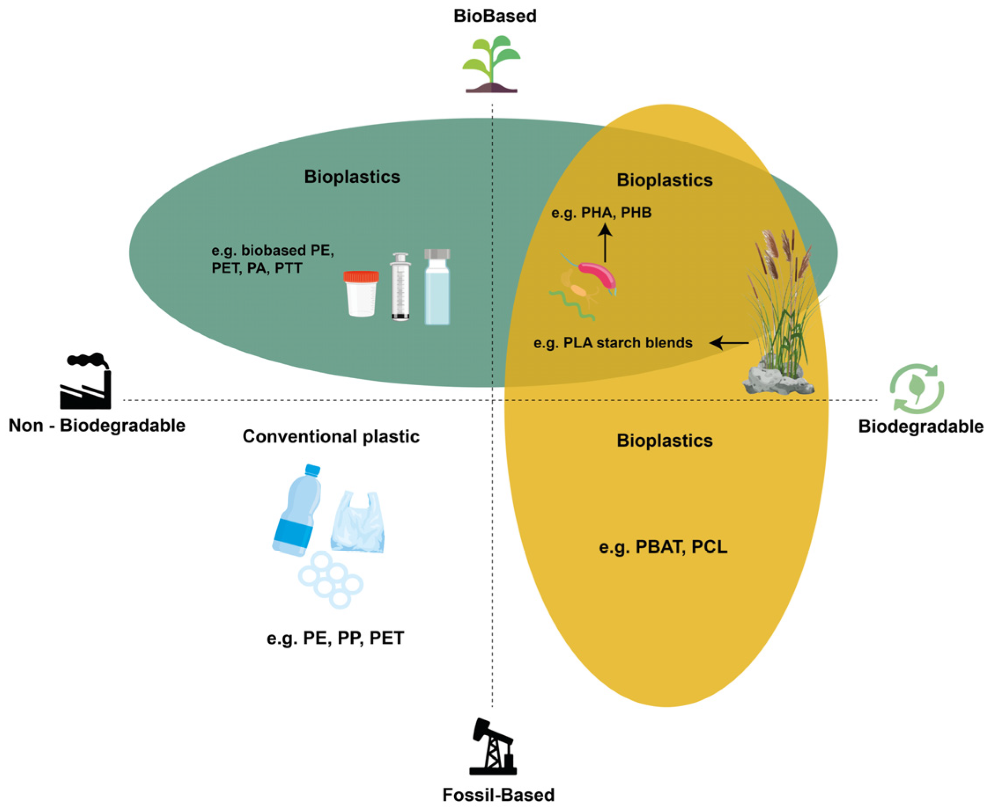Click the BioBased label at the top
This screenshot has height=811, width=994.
click(495, 16)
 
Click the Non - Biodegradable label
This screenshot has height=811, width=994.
click(97, 426)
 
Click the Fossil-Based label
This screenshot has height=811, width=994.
click(498, 795)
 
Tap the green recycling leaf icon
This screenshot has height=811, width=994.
click(916, 389)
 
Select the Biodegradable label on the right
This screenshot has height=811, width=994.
click(920, 427)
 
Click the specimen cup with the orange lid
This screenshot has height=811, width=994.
click(361, 294)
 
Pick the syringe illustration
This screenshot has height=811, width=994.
click(401, 286)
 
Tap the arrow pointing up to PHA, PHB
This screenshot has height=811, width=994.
click(605, 243)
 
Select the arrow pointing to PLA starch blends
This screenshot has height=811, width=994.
click(729, 343)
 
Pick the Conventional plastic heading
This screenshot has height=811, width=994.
click(330, 437)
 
